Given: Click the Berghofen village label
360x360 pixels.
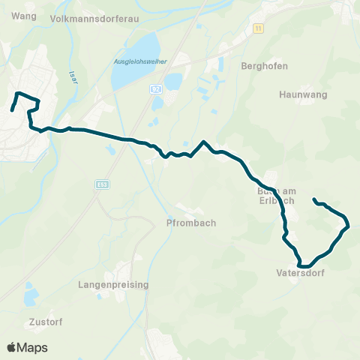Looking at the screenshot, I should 260,65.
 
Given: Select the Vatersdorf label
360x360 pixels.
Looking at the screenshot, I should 300,274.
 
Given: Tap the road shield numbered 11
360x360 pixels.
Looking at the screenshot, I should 258,28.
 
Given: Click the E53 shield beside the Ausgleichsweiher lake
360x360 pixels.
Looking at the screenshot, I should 155,88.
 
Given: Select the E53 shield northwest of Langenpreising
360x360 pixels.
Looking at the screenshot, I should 103,183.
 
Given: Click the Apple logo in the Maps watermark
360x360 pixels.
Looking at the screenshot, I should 12,347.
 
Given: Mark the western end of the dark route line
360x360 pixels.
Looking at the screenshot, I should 12,111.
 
